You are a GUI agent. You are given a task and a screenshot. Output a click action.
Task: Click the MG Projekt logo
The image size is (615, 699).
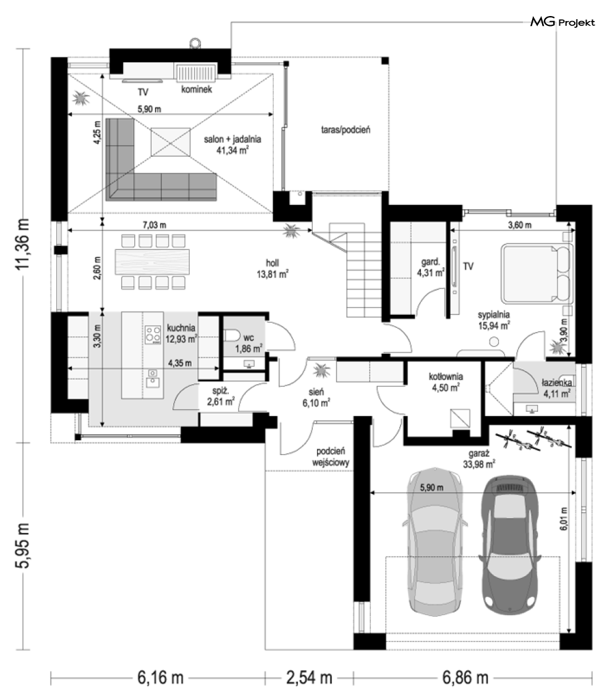click(x=562, y=22)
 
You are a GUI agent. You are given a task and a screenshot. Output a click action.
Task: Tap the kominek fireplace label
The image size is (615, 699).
click(x=197, y=89)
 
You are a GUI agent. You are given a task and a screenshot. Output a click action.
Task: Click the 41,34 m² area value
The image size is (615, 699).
click(x=232, y=150)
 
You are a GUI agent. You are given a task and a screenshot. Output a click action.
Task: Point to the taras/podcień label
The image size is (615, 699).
click(x=346, y=130)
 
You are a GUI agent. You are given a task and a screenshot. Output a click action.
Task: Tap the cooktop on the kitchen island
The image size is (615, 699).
click(x=153, y=335)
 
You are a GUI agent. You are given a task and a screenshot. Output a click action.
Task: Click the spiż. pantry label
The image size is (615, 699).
click(x=221, y=391)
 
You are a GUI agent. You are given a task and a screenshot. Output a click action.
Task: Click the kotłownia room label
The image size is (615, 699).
click(x=446, y=377)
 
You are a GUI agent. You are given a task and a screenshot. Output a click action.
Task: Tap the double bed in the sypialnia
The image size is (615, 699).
click(x=537, y=273)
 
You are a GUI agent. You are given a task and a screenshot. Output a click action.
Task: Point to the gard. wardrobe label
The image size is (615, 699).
click(x=431, y=262)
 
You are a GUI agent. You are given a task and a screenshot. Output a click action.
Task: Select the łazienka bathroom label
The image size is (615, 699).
click(x=557, y=382)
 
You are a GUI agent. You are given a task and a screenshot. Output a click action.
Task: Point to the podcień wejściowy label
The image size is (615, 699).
click(x=331, y=457)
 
